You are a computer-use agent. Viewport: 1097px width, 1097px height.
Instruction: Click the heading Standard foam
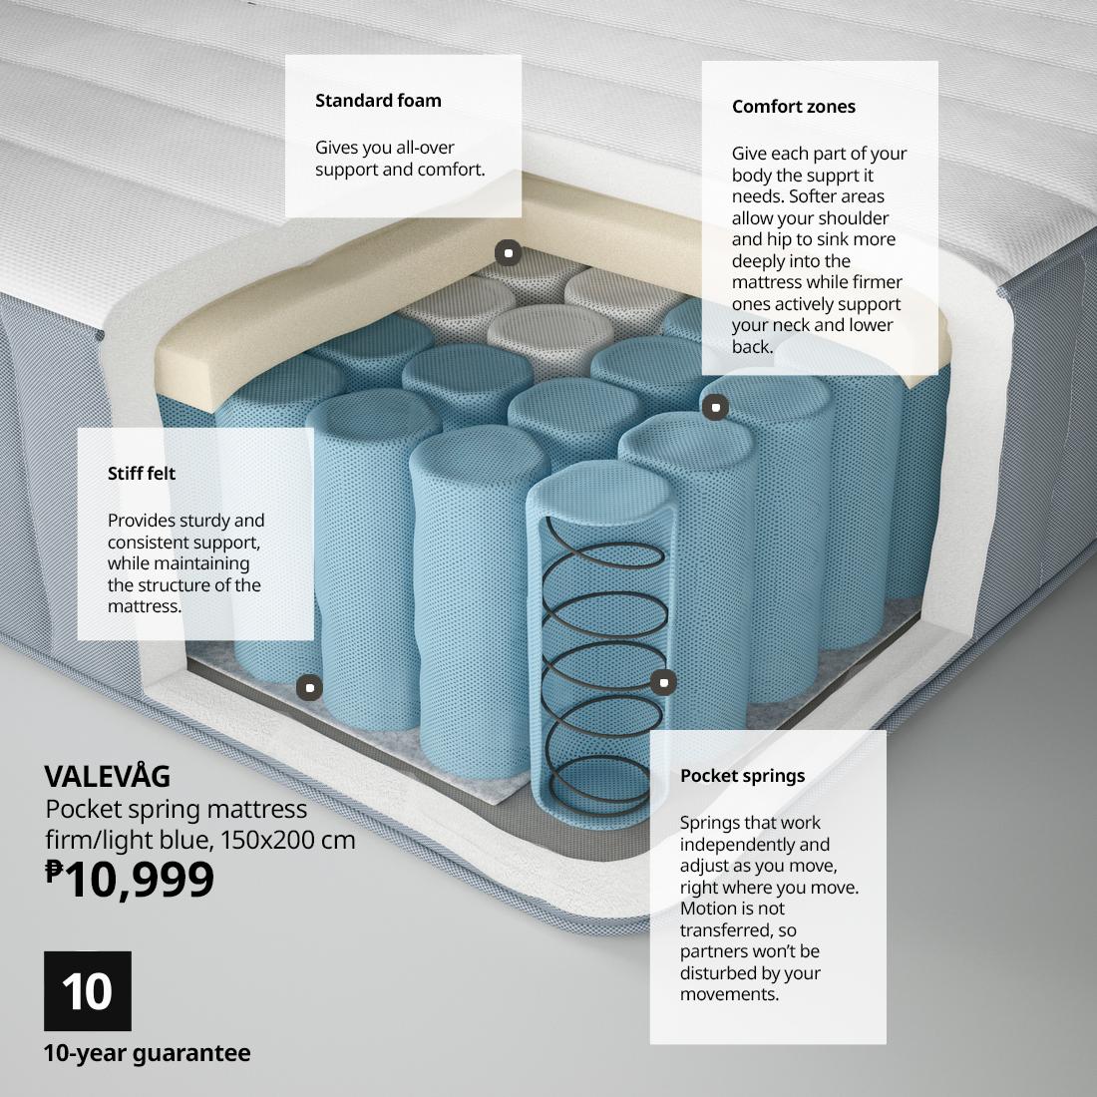pos(378,100)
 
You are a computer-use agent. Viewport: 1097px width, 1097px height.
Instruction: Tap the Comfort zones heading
pos(793,107)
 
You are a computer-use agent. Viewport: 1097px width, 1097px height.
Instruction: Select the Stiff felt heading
pos(142,474)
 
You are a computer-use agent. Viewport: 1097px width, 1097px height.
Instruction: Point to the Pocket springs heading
pos(742,776)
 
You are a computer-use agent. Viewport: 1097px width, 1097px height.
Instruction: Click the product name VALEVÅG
pos(108,776)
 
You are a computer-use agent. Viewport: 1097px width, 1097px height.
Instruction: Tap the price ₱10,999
pos(130,879)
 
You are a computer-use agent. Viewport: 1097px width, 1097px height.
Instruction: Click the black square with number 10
pos(88,990)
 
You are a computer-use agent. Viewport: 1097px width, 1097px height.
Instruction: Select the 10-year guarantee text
pos(147,1053)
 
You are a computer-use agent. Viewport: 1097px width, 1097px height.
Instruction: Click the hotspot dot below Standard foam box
pos(508,252)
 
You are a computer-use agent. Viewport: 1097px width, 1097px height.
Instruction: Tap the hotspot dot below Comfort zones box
pos(715,407)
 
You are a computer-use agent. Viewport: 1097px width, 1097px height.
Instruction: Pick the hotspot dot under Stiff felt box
pos(309,687)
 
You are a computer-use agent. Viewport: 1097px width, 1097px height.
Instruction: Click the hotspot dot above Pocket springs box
pos(662,682)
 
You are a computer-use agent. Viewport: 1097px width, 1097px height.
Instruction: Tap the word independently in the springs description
pos(739,844)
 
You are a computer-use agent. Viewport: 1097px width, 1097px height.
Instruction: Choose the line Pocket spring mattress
pos(176,809)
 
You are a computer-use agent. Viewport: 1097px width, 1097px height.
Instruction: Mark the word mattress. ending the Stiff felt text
pos(145,606)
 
